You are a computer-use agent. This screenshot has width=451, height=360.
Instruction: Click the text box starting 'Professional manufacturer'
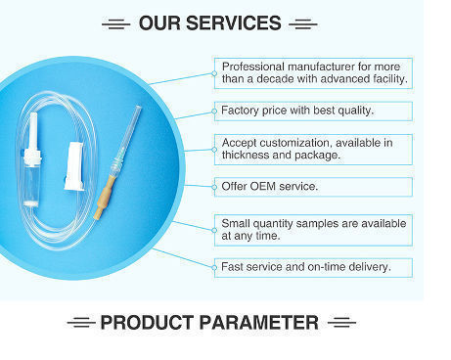[312, 71]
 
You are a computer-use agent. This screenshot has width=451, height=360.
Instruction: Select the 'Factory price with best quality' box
[312, 110]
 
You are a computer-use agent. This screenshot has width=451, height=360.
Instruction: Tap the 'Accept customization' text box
[312, 149]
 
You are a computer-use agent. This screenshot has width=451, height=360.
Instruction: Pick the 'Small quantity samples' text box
[312, 229]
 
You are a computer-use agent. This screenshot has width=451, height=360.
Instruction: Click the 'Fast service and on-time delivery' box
[312, 266]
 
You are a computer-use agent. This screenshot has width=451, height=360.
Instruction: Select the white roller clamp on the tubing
[71, 163]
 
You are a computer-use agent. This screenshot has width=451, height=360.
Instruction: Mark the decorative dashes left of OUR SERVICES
[114, 22]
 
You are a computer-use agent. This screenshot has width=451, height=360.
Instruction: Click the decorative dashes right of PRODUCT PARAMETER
[342, 322]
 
